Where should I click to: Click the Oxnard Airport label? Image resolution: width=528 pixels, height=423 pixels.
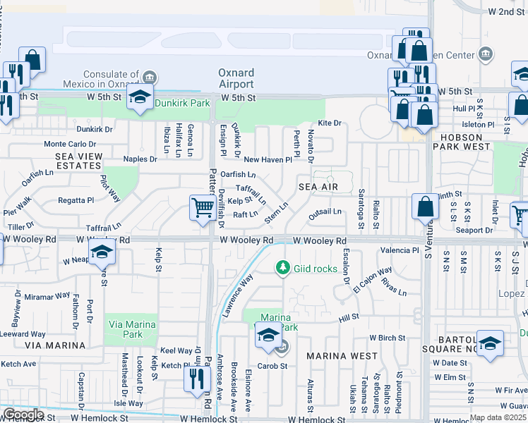(236, 78)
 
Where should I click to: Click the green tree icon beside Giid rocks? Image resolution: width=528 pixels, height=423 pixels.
(282, 267)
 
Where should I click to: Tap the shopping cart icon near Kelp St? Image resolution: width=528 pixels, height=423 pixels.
(203, 208)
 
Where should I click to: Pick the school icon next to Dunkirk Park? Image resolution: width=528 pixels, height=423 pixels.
(140, 97)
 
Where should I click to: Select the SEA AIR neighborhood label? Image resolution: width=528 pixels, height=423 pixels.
(318, 187)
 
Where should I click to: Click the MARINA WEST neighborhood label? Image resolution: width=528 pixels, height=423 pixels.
(342, 356)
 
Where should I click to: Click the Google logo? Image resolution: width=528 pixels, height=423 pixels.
(23, 415)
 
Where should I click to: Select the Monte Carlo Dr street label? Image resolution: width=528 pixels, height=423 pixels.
(69, 144)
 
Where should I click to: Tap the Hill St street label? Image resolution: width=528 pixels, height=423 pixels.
(349, 319)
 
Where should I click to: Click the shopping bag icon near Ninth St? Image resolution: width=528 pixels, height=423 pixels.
(426, 207)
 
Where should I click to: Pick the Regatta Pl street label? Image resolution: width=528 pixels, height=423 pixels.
(76, 200)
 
